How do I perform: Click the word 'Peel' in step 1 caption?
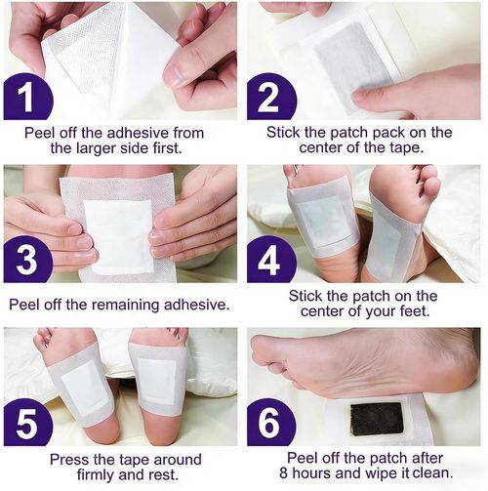click(44, 132)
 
